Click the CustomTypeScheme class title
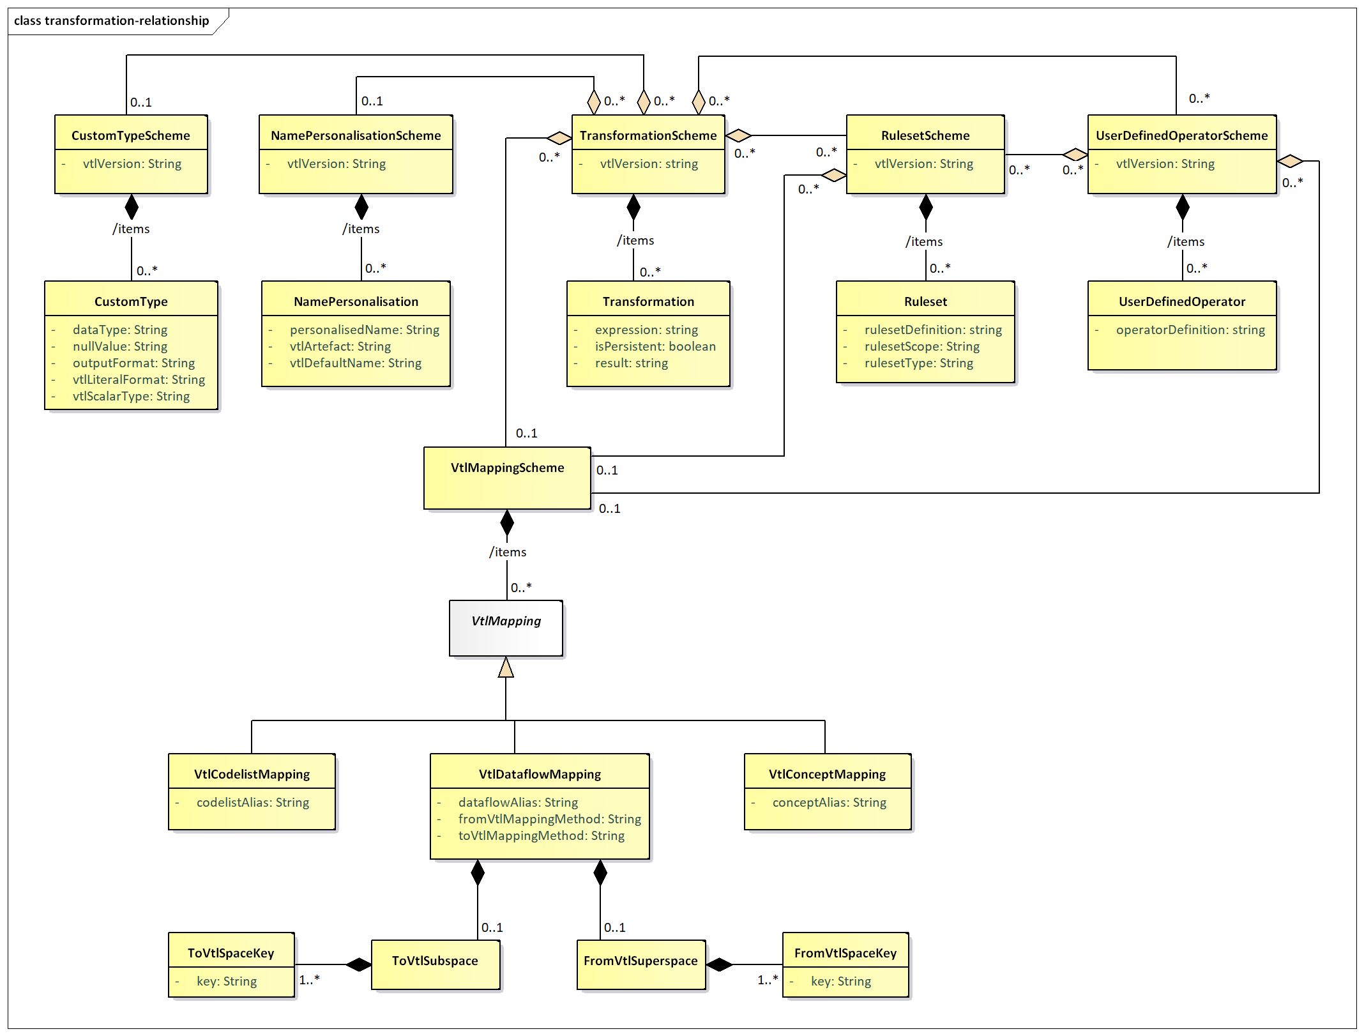(x=131, y=135)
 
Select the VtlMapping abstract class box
(x=506, y=628)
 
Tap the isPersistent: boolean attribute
(x=655, y=346)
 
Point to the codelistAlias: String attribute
(x=253, y=802)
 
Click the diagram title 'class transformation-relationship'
(x=112, y=20)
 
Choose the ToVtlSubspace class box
(x=436, y=964)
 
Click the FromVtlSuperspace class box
(x=641, y=964)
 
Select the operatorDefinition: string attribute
(x=1190, y=330)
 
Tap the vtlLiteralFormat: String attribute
(x=139, y=379)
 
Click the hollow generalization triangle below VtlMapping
(x=506, y=667)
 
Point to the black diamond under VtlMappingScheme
(x=507, y=522)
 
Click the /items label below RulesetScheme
(x=924, y=241)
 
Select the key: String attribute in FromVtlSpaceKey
(x=841, y=981)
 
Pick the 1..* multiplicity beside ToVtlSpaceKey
(x=309, y=979)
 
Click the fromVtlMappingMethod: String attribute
(x=549, y=819)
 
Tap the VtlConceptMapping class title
(x=827, y=774)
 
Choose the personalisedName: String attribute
(x=364, y=330)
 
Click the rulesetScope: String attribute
(x=921, y=346)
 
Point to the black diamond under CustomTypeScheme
(x=132, y=207)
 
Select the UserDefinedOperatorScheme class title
(x=1182, y=135)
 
